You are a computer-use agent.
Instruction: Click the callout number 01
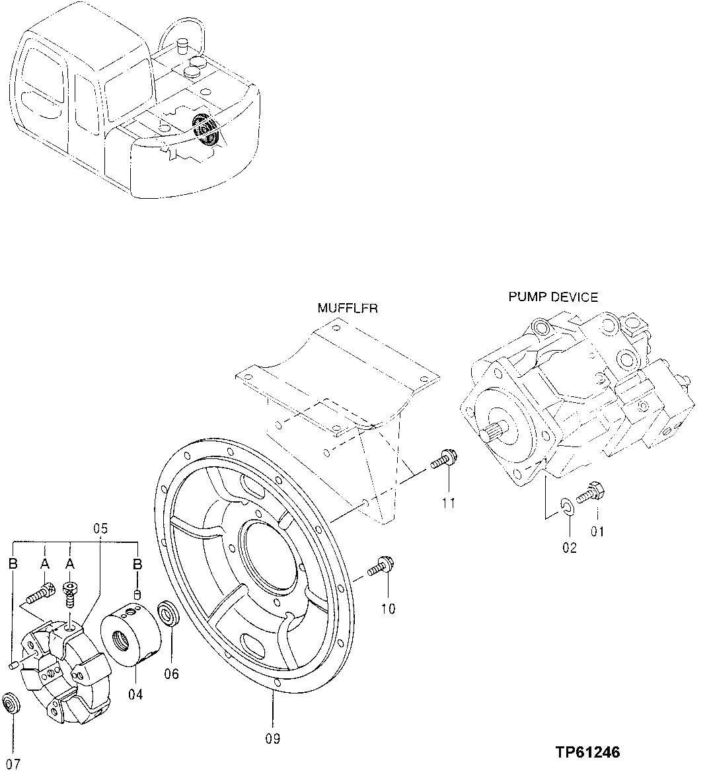[x=597, y=531]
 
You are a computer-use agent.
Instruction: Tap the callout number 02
[x=570, y=547]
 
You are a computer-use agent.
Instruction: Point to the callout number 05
[x=100, y=528]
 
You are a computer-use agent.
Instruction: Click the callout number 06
[x=172, y=674]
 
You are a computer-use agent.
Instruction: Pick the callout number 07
[x=13, y=764]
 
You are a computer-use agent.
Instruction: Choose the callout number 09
[x=272, y=738]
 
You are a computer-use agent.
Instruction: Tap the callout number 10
[x=388, y=608]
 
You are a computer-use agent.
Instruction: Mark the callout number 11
[x=449, y=503]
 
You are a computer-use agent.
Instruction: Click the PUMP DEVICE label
[x=552, y=297]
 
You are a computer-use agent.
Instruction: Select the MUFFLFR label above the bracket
[x=348, y=308]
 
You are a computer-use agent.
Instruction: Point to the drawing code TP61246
[x=587, y=752]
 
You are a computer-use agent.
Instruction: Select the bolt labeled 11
[x=442, y=460]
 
